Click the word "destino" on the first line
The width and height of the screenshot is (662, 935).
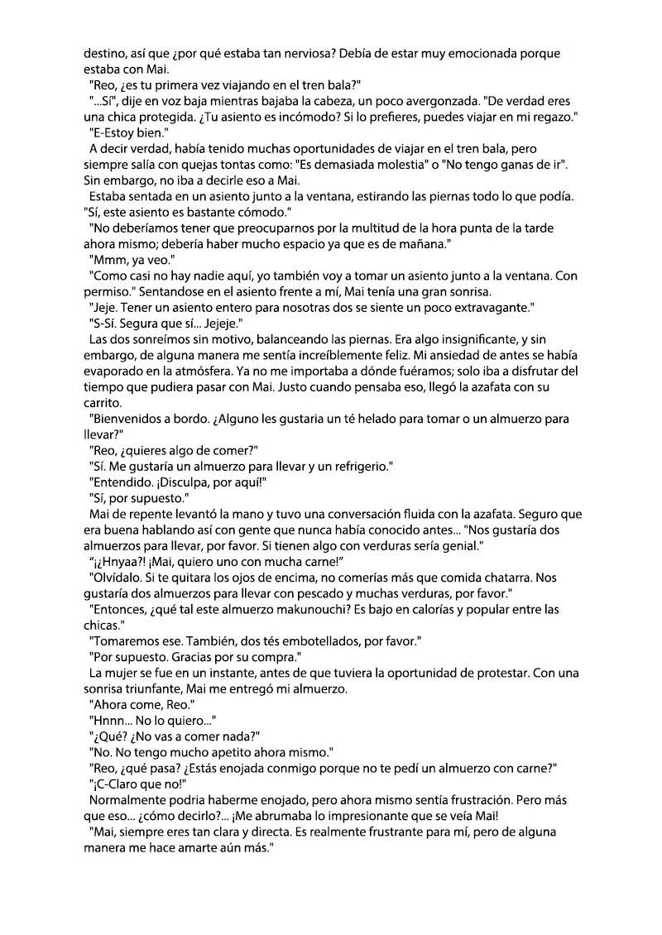[x=104, y=54]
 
